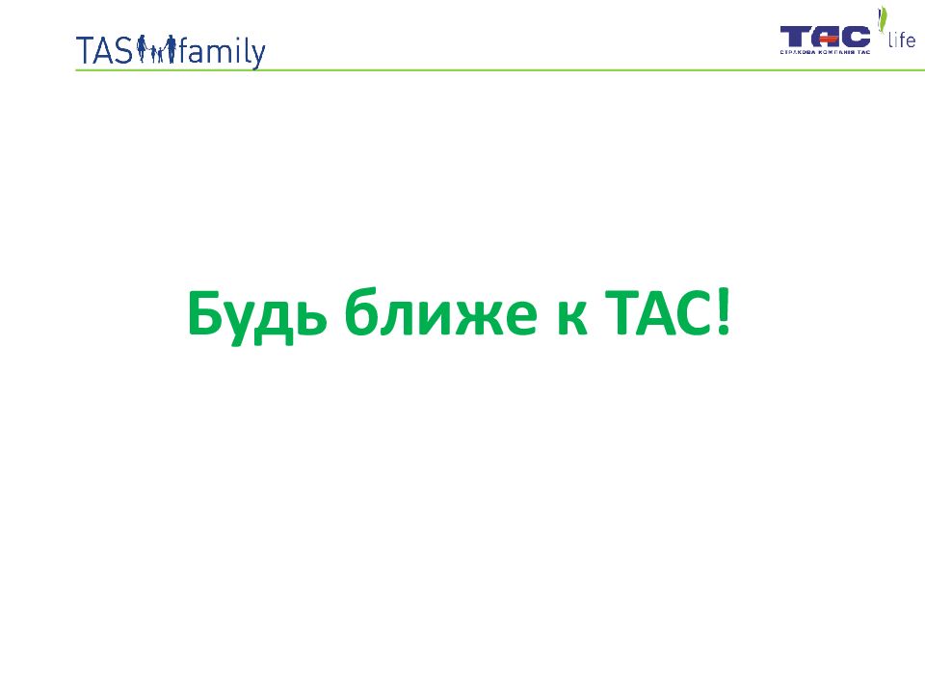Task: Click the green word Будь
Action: point(257,314)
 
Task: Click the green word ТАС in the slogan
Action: point(659,312)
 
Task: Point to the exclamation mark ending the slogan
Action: point(724,312)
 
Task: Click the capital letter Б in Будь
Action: point(204,312)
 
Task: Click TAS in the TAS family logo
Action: point(104,50)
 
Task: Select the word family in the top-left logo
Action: point(223,52)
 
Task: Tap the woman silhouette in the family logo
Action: point(142,48)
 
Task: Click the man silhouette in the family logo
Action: point(171,48)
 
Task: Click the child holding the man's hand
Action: point(159,56)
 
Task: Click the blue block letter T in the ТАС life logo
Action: point(792,37)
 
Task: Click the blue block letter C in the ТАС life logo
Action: point(856,37)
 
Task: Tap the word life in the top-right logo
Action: point(902,40)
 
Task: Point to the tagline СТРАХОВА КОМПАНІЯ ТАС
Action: point(825,52)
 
